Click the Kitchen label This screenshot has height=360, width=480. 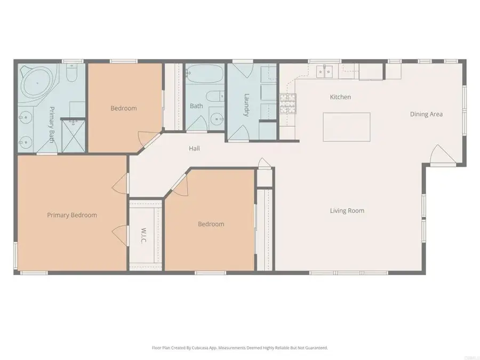tap(340, 97)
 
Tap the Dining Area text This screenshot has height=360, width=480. tap(426, 114)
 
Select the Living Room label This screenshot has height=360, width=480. tap(347, 211)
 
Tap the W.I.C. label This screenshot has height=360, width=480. tap(145, 233)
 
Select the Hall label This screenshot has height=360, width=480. tap(194, 149)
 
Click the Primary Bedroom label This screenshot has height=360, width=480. tap(72, 215)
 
